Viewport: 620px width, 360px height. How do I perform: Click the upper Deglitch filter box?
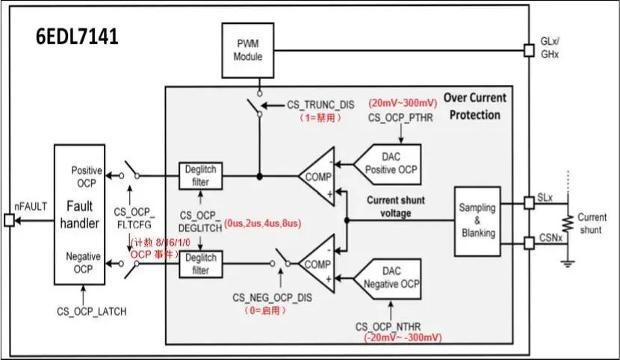click(x=199, y=176)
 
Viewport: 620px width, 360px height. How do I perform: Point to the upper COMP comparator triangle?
click(x=317, y=176)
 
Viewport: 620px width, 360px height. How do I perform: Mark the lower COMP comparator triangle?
click(x=317, y=263)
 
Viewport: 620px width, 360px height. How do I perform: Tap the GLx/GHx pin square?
click(x=529, y=51)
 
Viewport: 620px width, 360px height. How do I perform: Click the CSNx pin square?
click(x=529, y=242)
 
